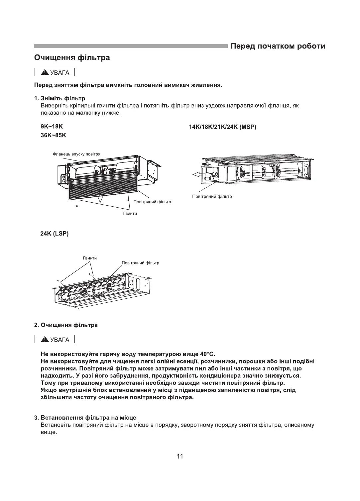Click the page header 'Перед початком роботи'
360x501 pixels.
[x=278, y=46]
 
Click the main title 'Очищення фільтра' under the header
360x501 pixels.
[x=72, y=58]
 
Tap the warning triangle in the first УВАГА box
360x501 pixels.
[x=45, y=73]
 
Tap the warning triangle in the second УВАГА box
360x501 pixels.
[x=45, y=340]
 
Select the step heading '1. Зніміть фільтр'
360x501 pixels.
[x=60, y=98]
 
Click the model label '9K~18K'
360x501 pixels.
[x=52, y=127]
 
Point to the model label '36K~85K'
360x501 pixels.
[x=53, y=135]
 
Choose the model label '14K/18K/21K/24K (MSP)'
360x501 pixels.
[x=222, y=127]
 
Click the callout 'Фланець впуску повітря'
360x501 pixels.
[x=76, y=154]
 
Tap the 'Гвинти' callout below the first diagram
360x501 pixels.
[x=130, y=213]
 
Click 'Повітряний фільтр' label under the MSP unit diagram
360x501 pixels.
[x=212, y=196]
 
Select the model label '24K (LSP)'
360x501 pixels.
[x=55, y=234]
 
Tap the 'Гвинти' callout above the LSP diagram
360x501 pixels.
[x=90, y=258]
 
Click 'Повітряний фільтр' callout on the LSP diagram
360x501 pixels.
[x=140, y=263]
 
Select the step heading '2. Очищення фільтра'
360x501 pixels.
[x=66, y=325]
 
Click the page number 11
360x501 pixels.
[x=180, y=456]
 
